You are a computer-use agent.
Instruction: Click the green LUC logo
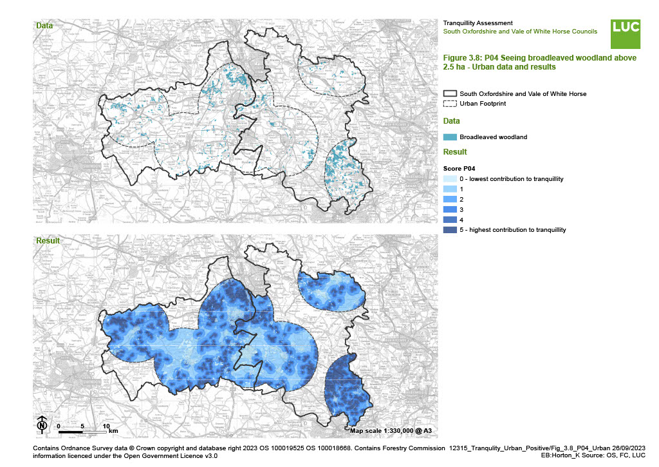coord(626,33)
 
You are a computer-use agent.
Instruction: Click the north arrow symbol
coord(42,425)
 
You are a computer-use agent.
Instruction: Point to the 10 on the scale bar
coord(106,426)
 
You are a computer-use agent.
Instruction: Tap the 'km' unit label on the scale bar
coord(113,431)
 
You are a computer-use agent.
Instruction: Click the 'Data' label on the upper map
coord(44,26)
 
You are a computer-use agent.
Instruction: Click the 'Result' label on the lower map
coord(48,241)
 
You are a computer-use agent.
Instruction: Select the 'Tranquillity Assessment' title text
coord(478,23)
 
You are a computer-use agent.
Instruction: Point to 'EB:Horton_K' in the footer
coord(561,455)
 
